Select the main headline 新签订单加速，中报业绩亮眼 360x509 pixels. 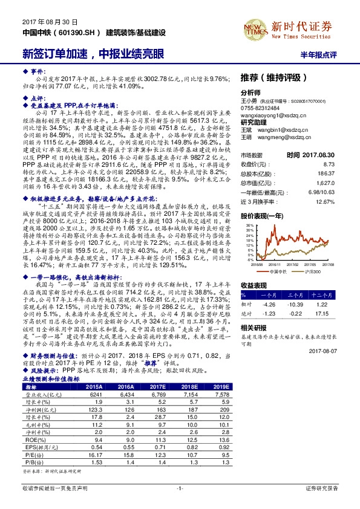coord(93,53)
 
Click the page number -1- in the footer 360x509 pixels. coord(180,503)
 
